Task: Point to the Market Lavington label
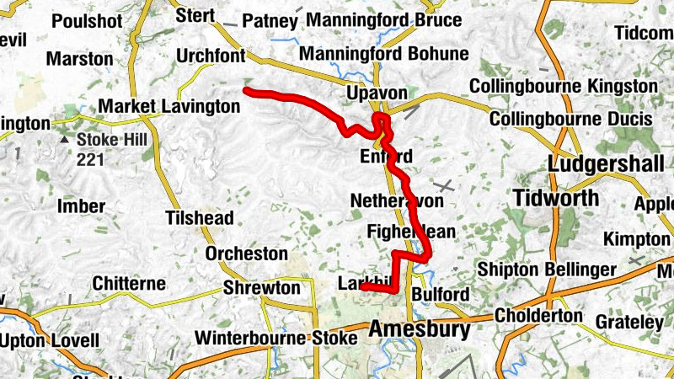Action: point(169,107)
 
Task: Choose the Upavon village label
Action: point(377,93)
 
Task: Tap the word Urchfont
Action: point(211,56)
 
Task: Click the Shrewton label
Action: point(261,289)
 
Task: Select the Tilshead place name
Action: point(199,218)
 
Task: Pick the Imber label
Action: point(81,206)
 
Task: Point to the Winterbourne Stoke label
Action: point(278,339)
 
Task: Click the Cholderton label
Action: point(538,316)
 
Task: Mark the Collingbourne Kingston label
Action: point(563,86)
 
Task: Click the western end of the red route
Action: point(246,89)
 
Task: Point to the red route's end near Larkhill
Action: point(363,287)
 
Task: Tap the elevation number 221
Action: point(90,157)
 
